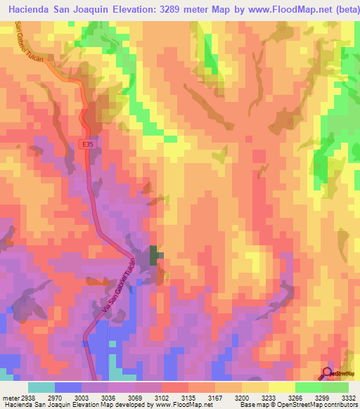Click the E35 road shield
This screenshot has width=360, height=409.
[86, 145]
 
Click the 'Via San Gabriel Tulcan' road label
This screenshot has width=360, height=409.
[115, 294]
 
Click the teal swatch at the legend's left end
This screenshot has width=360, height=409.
[41, 387]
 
